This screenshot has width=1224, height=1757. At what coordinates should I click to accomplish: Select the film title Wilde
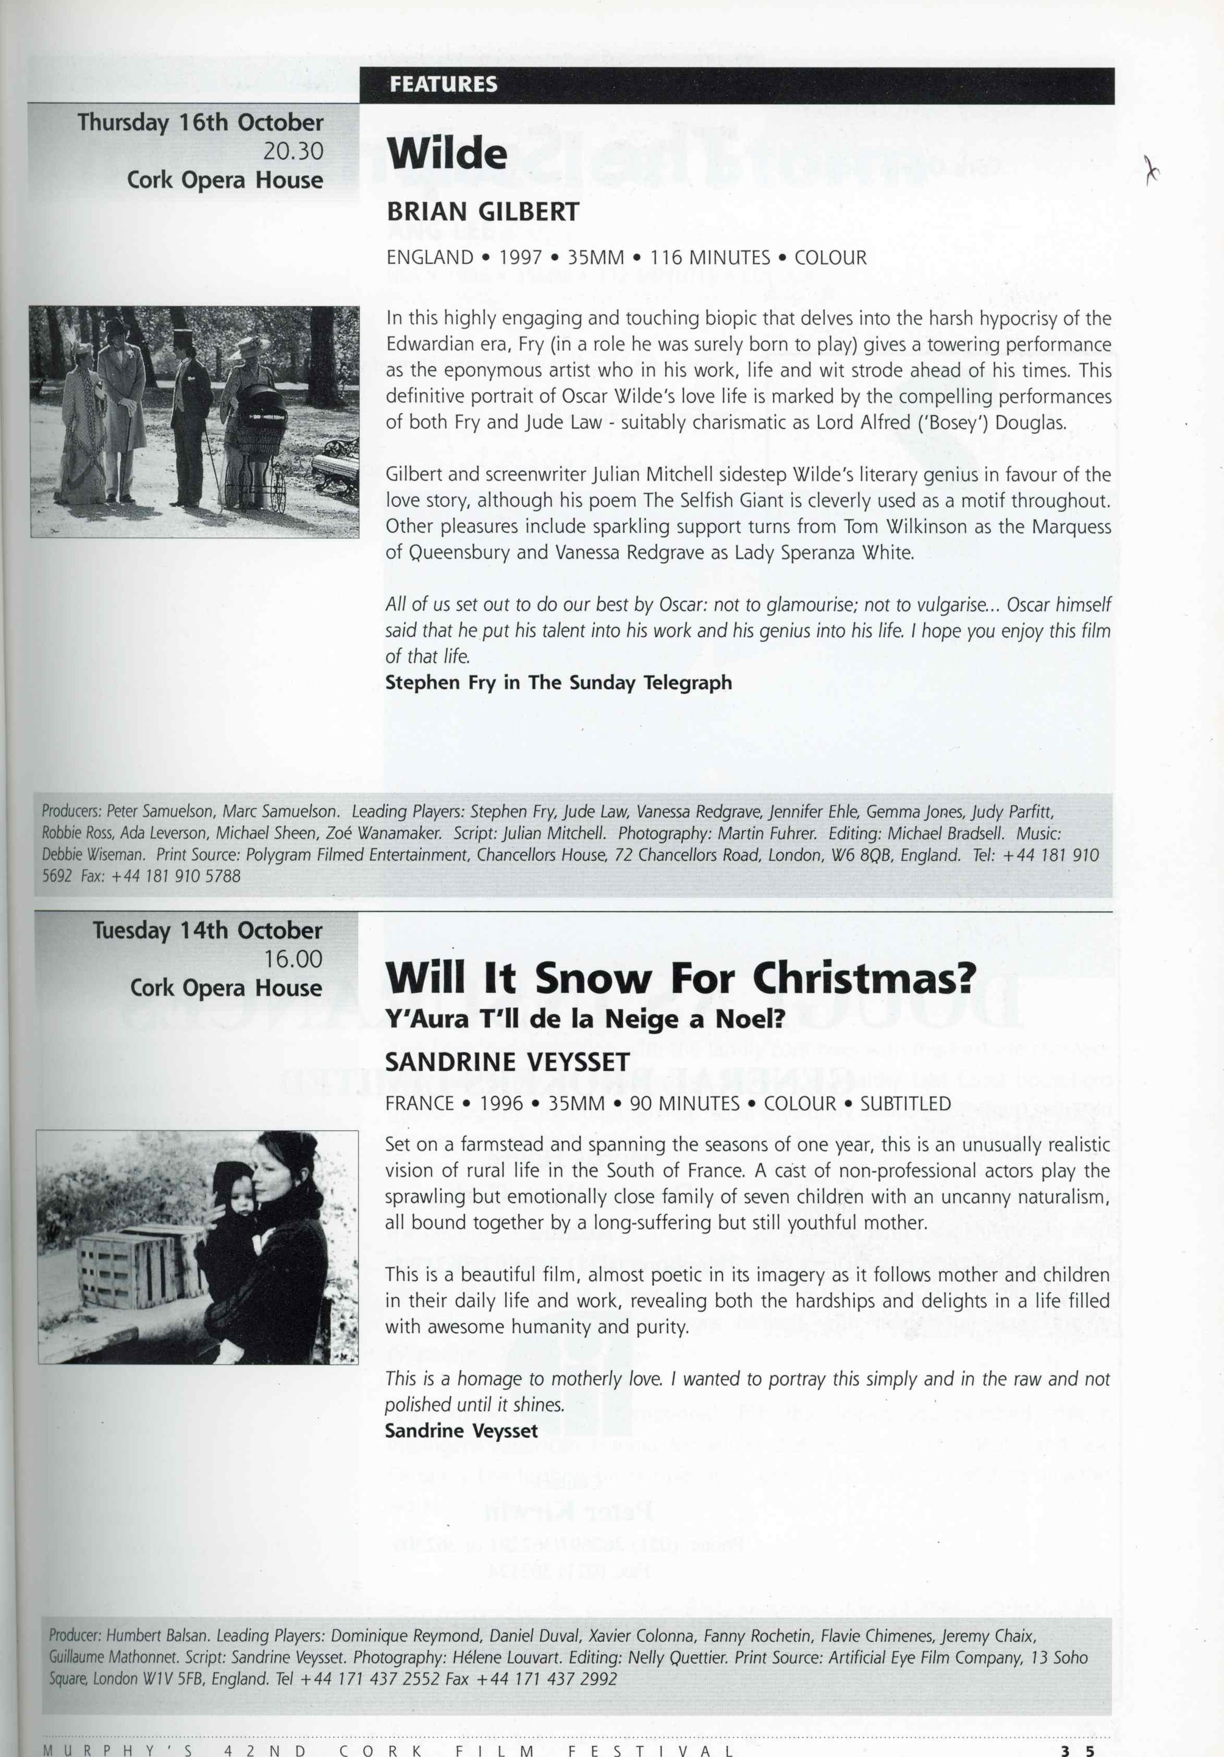coord(447,155)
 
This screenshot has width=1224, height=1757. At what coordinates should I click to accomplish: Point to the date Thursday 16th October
coord(201,122)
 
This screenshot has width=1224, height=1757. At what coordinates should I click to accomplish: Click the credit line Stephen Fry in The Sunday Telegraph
coord(558,683)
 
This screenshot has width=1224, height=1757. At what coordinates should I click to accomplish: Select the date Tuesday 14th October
coord(207,931)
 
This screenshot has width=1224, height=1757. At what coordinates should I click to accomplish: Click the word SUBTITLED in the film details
coord(905,1104)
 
